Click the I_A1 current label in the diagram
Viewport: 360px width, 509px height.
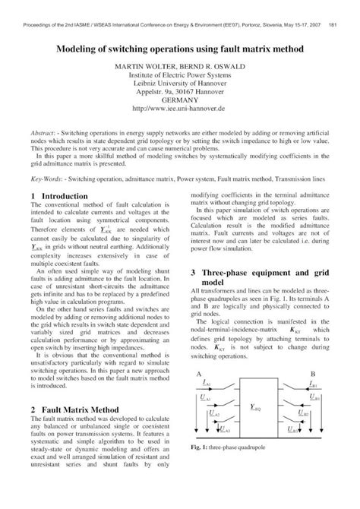point(207,407)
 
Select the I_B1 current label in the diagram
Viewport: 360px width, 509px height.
point(314,407)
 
